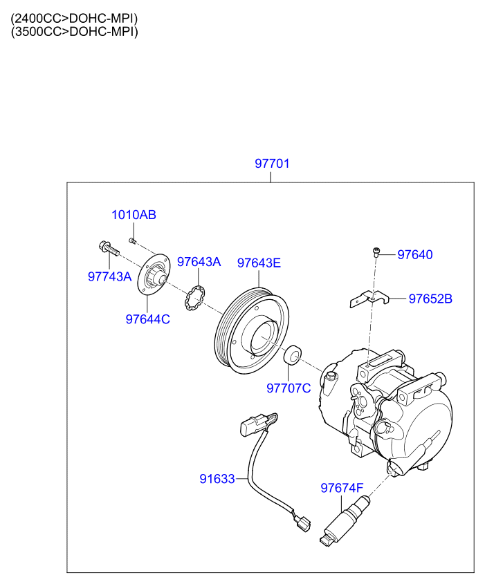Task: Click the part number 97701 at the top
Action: (272, 164)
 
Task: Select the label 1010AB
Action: (134, 215)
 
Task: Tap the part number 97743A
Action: (109, 276)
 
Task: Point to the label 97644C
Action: (147, 319)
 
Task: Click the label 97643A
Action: (199, 262)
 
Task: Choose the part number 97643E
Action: (259, 263)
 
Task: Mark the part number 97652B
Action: (430, 299)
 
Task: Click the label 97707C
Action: (289, 388)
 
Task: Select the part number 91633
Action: (217, 478)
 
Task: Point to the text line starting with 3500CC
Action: (74, 32)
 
